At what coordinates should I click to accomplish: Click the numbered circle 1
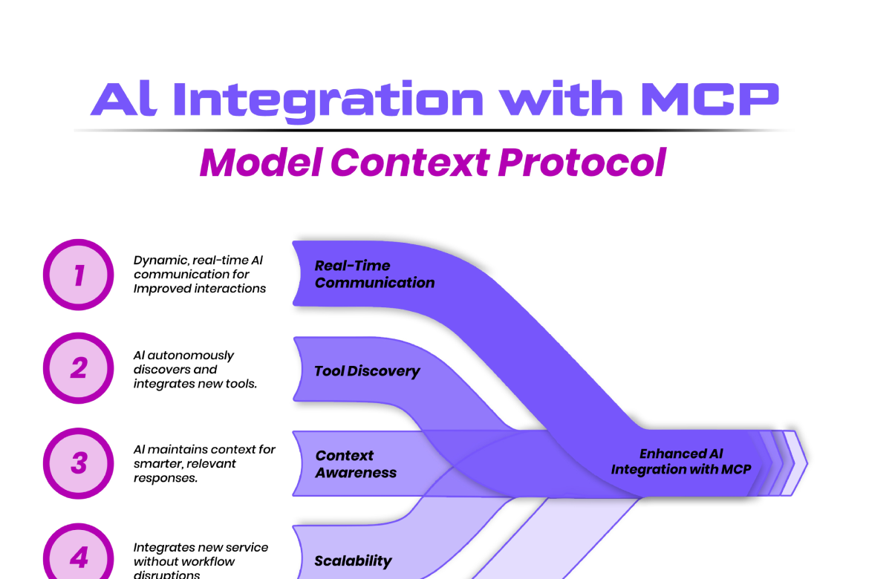click(78, 275)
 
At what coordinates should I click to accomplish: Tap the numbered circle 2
click(78, 368)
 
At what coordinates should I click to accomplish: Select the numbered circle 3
click(78, 463)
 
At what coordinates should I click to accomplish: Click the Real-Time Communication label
click(374, 274)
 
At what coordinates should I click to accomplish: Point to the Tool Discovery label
click(367, 371)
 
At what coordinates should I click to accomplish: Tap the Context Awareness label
click(356, 464)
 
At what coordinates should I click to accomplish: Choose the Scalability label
click(353, 560)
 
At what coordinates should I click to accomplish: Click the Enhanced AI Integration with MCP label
click(681, 461)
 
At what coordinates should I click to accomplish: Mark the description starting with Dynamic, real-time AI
click(200, 275)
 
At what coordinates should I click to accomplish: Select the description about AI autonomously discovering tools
click(195, 369)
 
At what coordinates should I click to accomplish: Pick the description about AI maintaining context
click(204, 463)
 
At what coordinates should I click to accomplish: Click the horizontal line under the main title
click(434, 130)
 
